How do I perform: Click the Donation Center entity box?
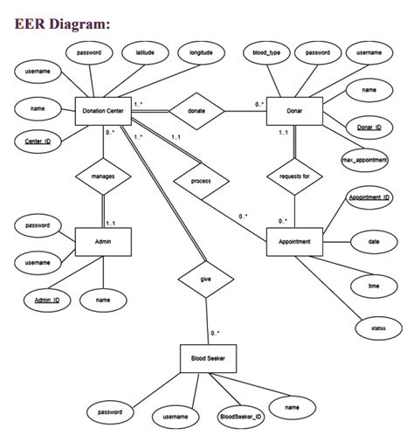click(x=104, y=111)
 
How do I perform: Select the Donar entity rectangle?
click(x=294, y=111)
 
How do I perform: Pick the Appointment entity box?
click(x=294, y=240)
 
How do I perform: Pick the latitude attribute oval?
click(x=145, y=53)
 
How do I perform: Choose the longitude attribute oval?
click(x=202, y=53)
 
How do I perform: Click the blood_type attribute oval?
click(x=266, y=53)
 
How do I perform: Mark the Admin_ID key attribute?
click(x=48, y=300)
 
